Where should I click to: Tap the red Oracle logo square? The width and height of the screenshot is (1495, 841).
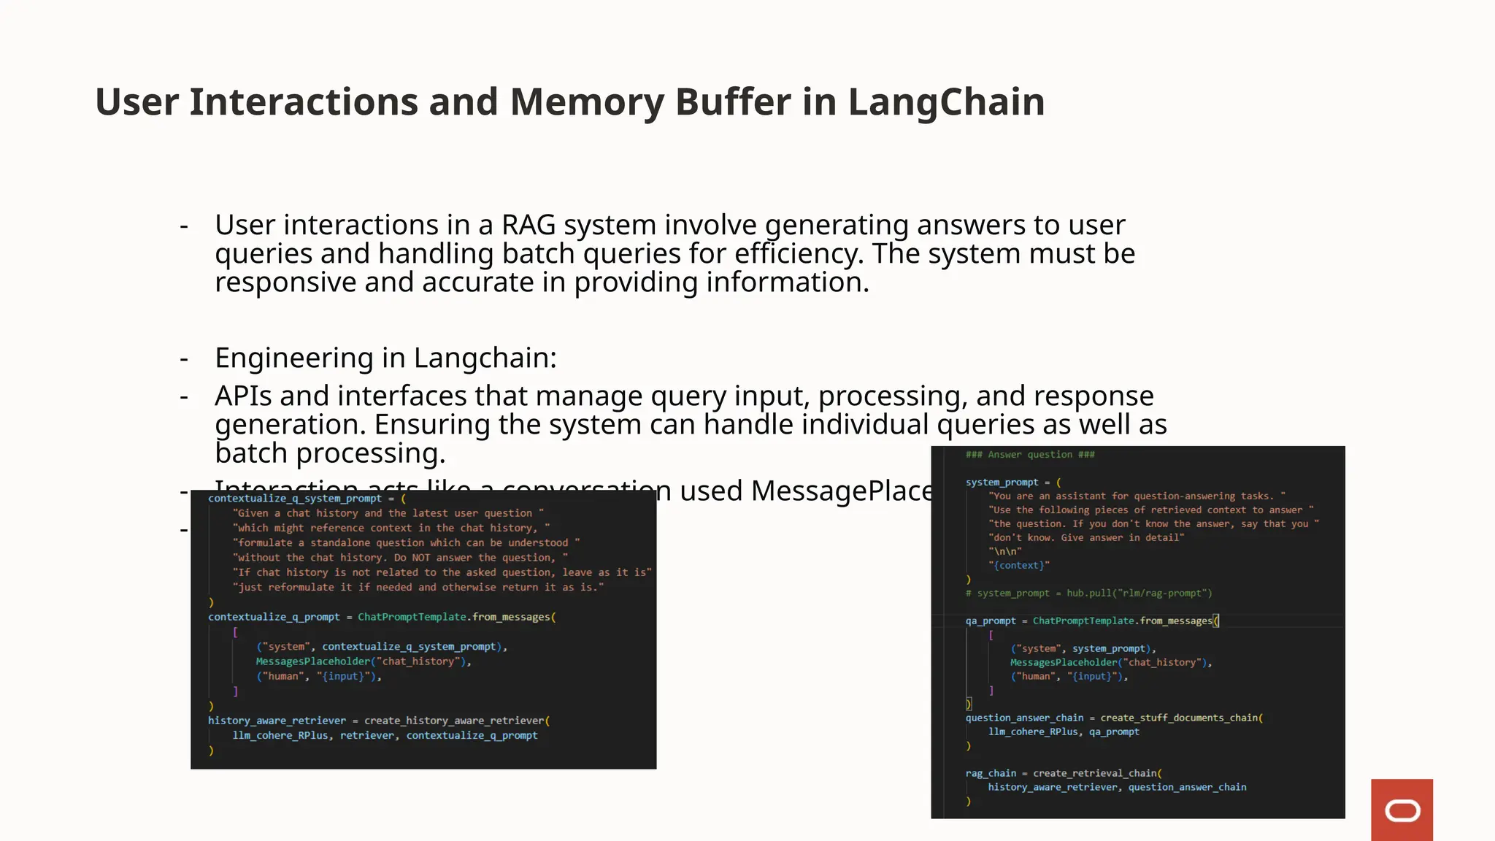(1402, 810)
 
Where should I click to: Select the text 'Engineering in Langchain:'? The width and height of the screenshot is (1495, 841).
(385, 358)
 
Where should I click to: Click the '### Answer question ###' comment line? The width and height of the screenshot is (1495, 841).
(1030, 455)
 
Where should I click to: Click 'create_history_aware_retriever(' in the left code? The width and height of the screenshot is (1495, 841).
(457, 721)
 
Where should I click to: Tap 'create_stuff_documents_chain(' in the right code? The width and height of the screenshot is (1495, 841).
(1181, 718)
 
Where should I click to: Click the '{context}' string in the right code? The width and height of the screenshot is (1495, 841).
(1019, 565)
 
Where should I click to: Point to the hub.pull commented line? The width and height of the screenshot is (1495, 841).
(1088, 593)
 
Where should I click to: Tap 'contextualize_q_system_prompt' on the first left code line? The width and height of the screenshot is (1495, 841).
(294, 499)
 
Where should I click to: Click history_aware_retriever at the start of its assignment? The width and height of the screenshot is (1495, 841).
(277, 721)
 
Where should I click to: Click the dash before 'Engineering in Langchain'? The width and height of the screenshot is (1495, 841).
(184, 358)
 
